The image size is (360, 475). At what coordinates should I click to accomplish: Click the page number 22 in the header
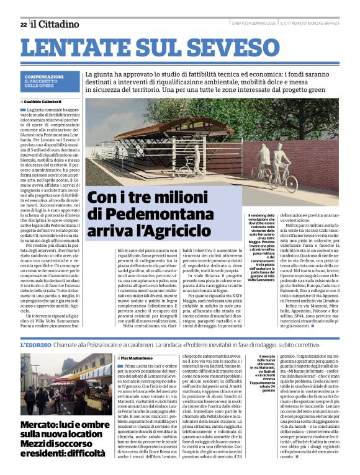[24, 24]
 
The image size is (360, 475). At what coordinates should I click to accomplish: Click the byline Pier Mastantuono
[140, 358]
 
